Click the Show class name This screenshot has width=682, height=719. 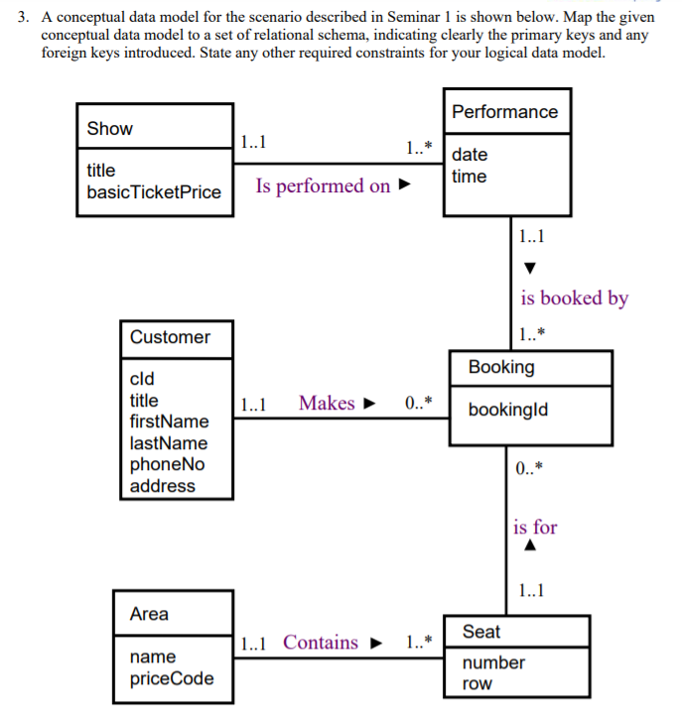click(109, 129)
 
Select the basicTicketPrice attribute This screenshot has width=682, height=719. click(154, 191)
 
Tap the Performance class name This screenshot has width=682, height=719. click(504, 112)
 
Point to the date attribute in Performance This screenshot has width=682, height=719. click(470, 155)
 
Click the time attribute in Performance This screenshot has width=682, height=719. click(469, 177)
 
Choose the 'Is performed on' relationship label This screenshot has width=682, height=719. click(323, 186)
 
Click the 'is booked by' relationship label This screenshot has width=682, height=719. click(574, 298)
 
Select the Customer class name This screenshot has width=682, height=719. click(170, 337)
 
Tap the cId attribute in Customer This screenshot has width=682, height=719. click(142, 379)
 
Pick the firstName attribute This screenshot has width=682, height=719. click(170, 421)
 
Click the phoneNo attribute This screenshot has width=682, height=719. click(167, 464)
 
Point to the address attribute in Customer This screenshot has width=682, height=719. click(163, 486)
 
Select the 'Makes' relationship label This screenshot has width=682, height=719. click(327, 403)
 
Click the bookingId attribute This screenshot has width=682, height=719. click(507, 409)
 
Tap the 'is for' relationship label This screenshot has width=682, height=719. click(535, 527)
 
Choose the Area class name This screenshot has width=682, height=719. click(149, 615)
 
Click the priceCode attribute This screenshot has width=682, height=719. click(172, 679)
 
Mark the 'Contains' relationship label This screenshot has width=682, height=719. click(321, 643)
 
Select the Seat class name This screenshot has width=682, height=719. click(481, 632)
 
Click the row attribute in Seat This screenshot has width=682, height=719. click(477, 684)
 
